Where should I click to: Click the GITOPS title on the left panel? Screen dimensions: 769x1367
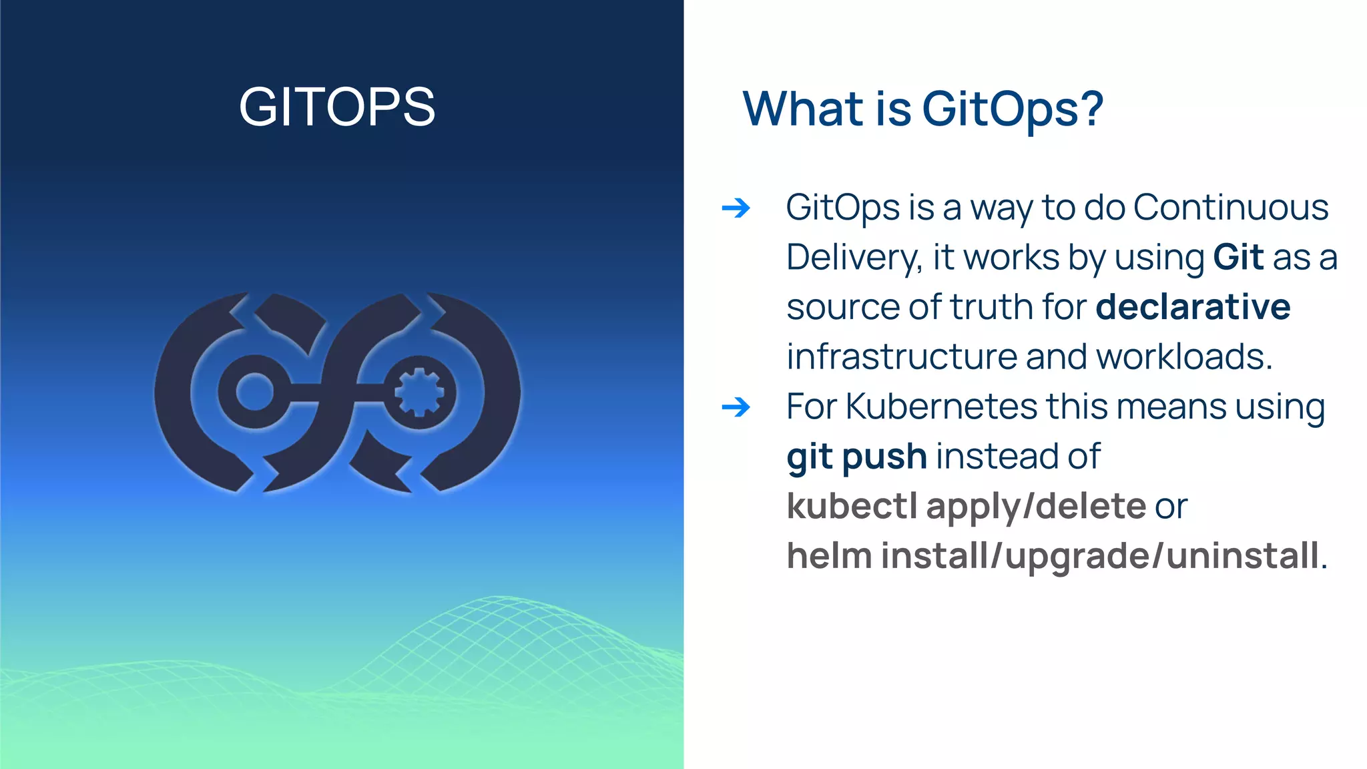pos(337,107)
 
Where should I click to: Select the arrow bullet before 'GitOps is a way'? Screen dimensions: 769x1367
pos(736,208)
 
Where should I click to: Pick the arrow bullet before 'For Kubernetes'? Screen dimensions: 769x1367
pos(736,407)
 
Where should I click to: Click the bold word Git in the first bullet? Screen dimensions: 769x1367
pos(1238,258)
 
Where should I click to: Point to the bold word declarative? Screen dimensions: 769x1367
pos(1193,307)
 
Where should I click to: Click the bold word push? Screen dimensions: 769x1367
pos(884,457)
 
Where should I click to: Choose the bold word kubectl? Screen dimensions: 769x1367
pos(852,506)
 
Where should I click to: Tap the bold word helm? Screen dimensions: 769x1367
pos(829,556)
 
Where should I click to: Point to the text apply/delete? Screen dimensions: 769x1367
pos(1036,507)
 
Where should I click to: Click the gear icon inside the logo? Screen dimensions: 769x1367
pos(419,392)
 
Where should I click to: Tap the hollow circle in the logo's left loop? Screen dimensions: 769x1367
pos(255,392)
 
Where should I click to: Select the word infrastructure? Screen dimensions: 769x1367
pos(901,357)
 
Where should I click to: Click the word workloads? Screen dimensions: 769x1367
pos(1184,357)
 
